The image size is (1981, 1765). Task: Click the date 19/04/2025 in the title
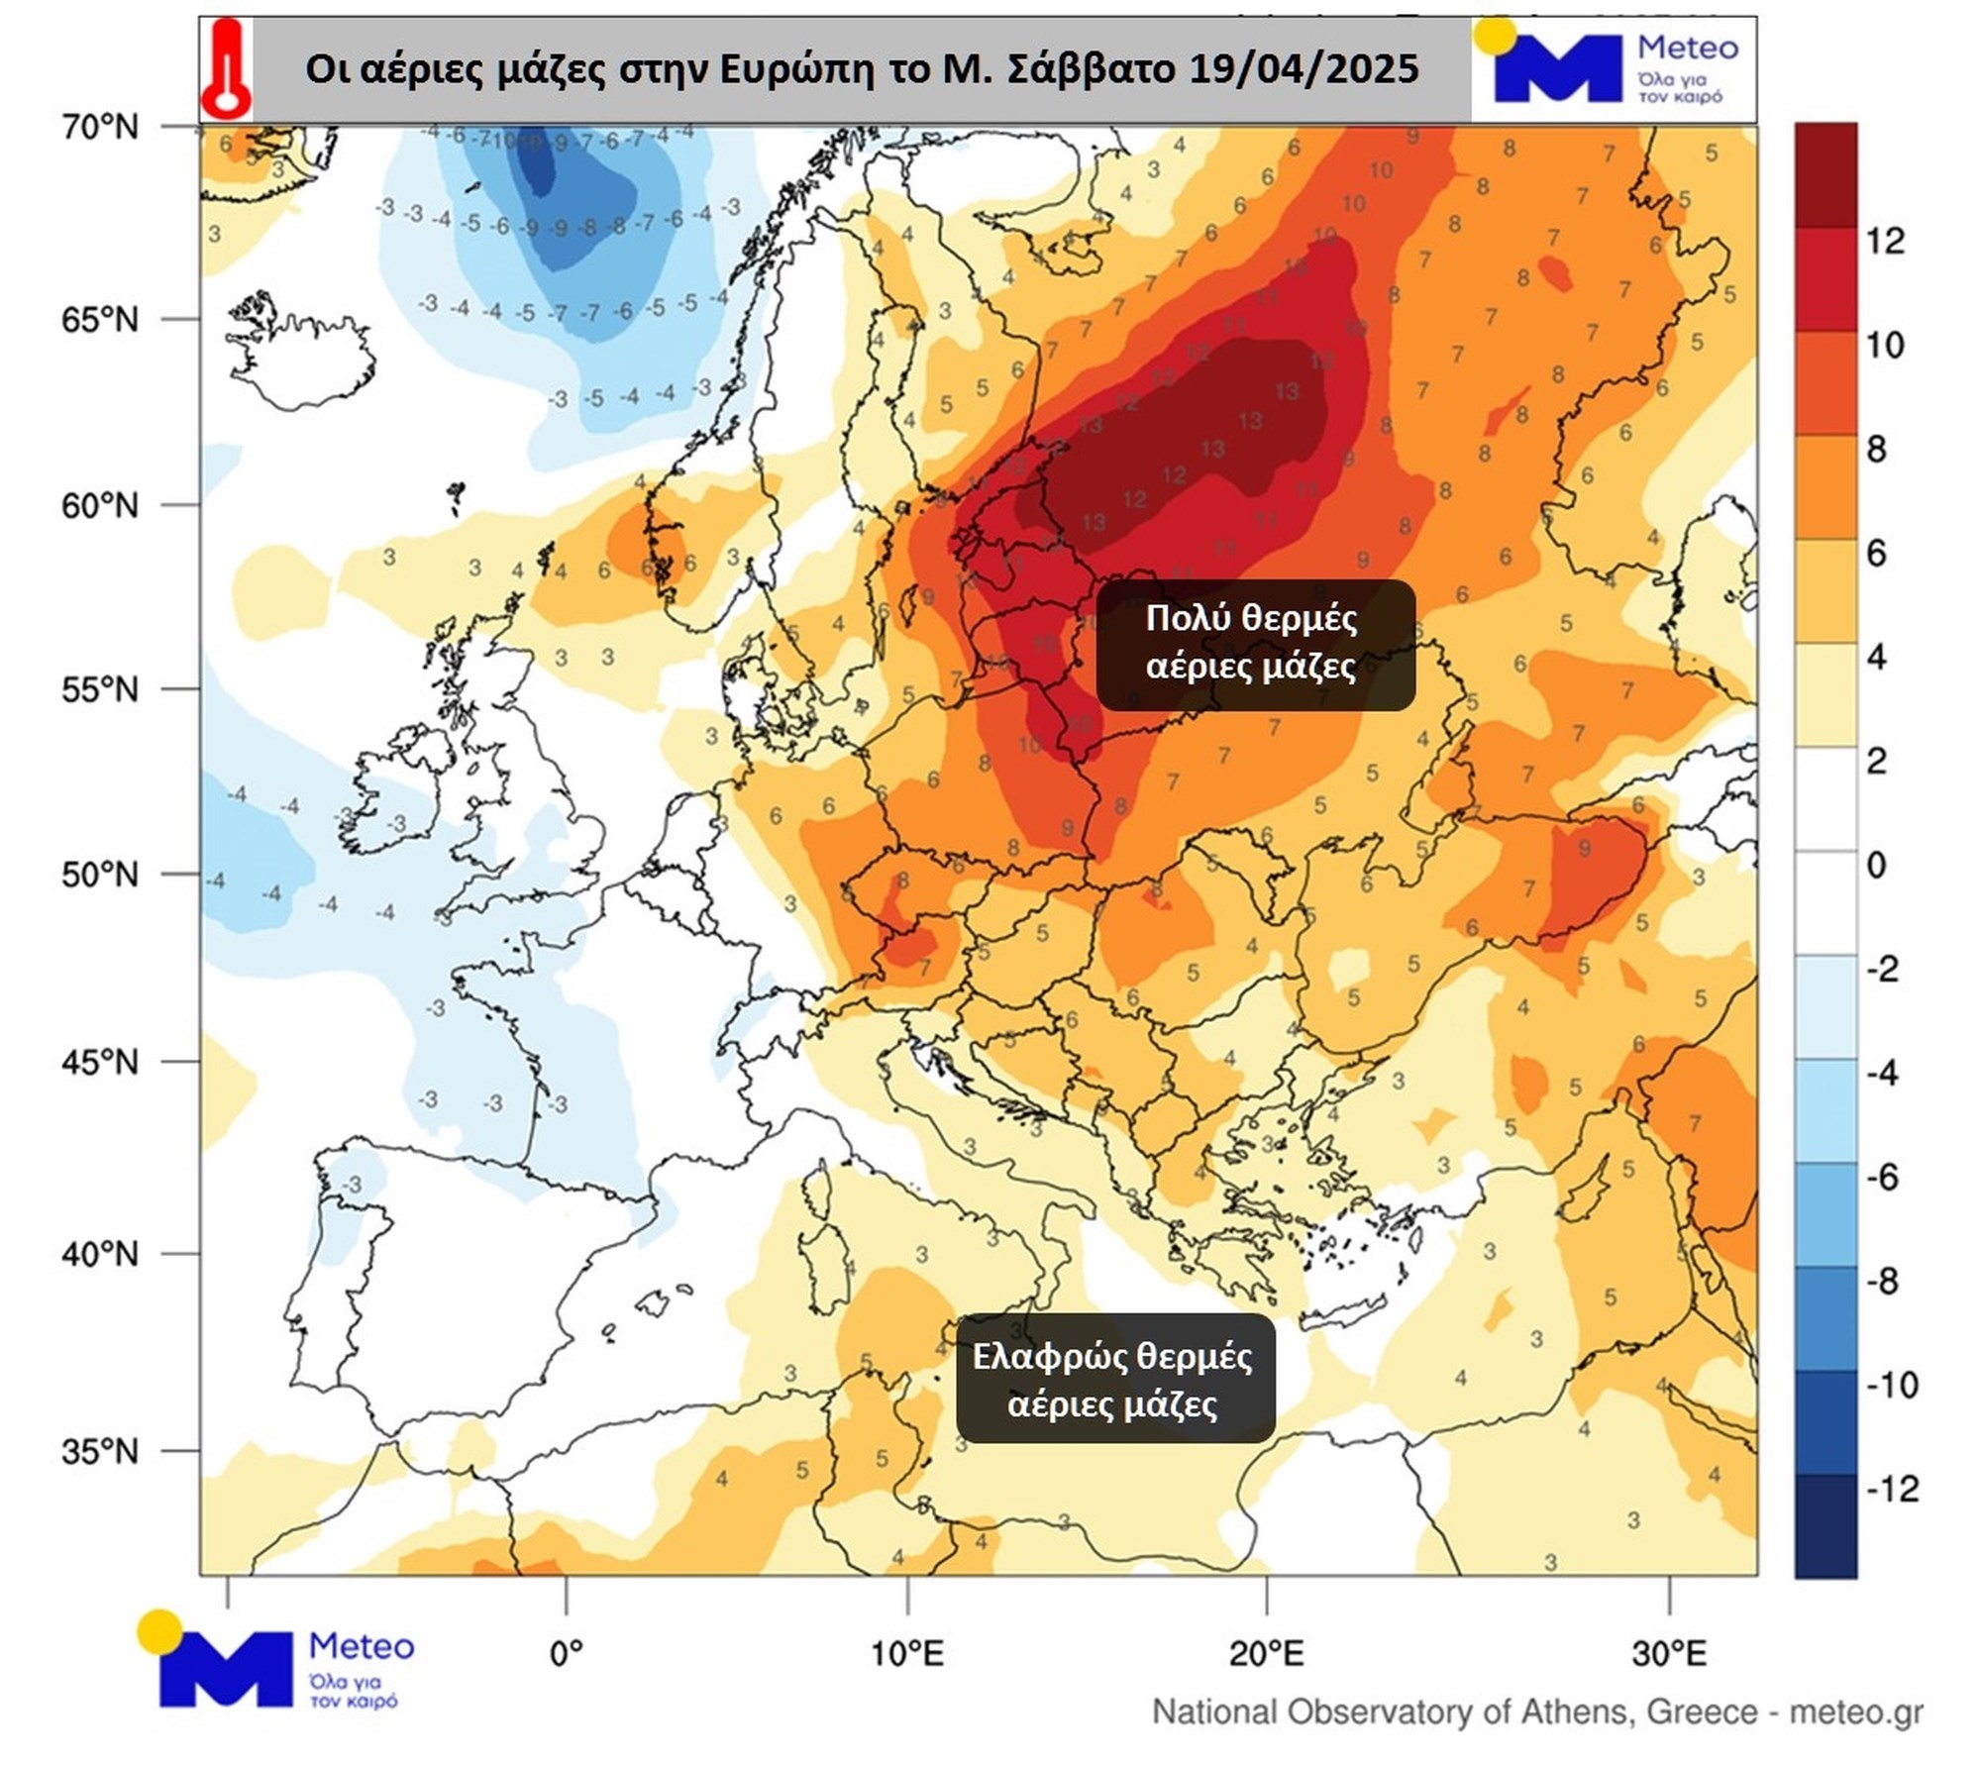click(1303, 69)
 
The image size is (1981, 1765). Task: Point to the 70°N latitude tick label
click(100, 127)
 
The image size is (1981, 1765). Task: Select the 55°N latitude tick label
click(100, 689)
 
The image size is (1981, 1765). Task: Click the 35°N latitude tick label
click(100, 1452)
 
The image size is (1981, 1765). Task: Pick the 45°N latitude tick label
click(100, 1063)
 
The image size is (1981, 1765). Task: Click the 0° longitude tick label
click(566, 1653)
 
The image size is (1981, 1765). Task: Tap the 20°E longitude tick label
click(1267, 1653)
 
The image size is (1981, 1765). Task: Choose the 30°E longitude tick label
click(1670, 1653)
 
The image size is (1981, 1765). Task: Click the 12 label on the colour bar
click(1885, 241)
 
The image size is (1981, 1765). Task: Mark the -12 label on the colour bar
click(1892, 1489)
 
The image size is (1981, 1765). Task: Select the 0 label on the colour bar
click(1876, 865)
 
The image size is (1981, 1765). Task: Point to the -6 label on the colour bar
click(1882, 1177)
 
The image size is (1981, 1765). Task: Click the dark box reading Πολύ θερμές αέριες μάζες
click(1255, 645)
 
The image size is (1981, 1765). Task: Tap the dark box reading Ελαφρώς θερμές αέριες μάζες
click(1114, 1379)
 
